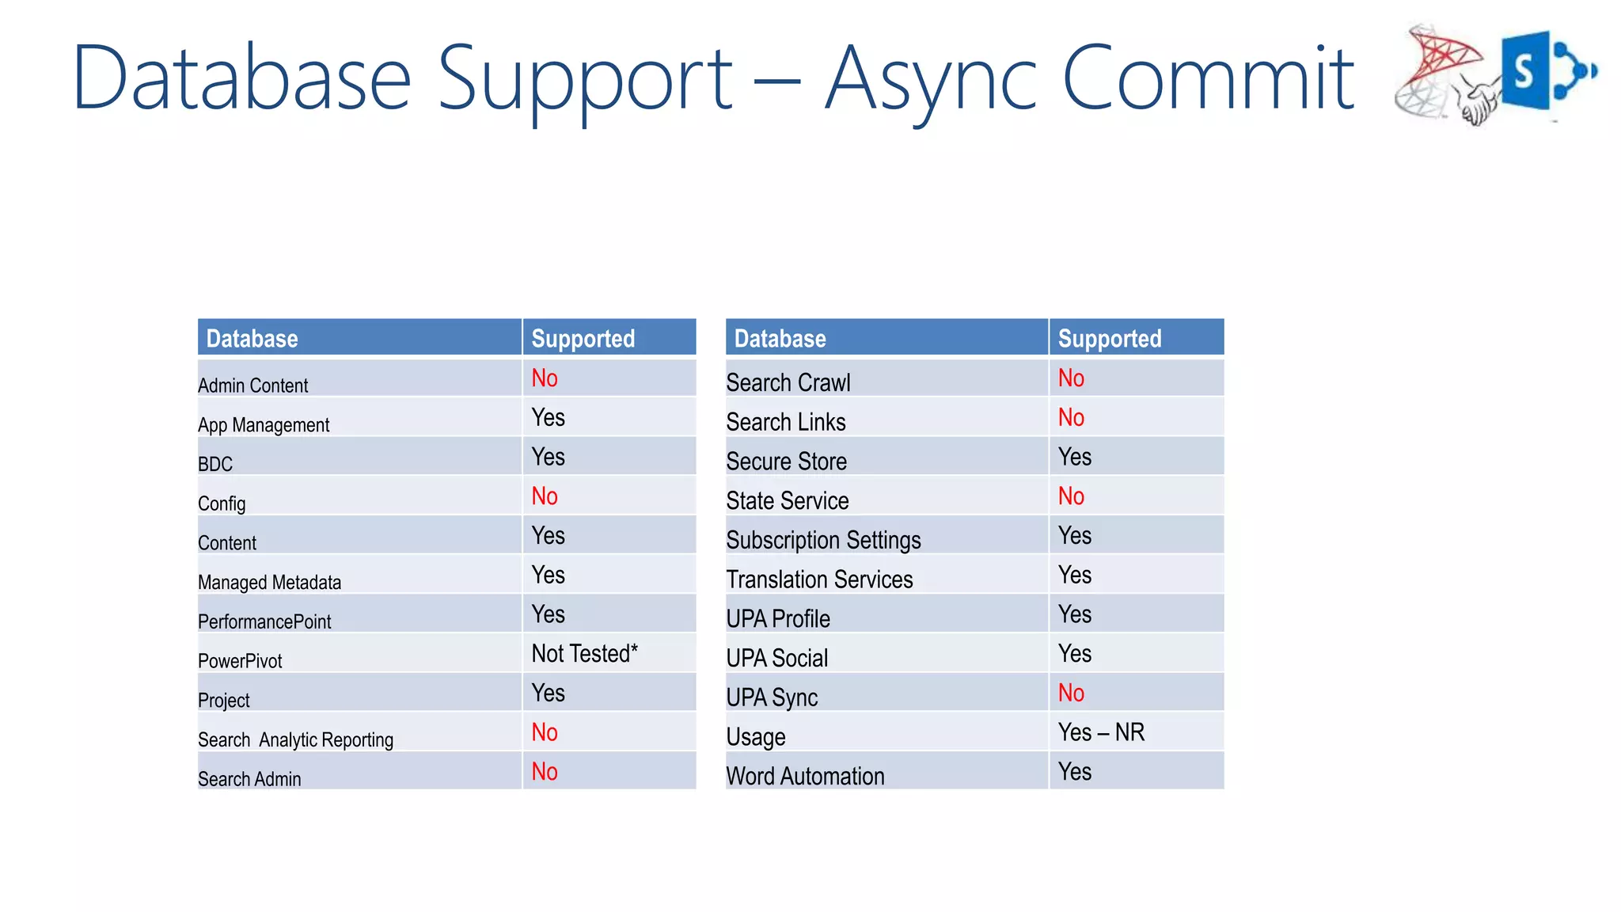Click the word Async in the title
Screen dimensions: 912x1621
click(x=930, y=79)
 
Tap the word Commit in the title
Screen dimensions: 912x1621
click(x=1208, y=78)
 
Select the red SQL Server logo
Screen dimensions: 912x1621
click(x=1437, y=71)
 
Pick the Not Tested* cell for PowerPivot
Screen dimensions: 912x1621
click(x=584, y=654)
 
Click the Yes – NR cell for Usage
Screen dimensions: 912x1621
click(x=1101, y=732)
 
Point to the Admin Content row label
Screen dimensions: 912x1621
click(x=252, y=386)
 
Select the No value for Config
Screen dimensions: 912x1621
click(x=545, y=496)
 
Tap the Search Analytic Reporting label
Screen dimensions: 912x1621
click(x=295, y=740)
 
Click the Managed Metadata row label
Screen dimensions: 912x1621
click(x=269, y=583)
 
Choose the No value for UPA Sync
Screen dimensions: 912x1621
click(x=1071, y=693)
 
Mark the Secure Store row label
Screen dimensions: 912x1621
click(x=786, y=462)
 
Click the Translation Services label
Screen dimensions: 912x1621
click(x=819, y=579)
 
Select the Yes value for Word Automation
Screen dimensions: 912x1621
click(x=1074, y=772)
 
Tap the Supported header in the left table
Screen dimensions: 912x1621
click(x=583, y=339)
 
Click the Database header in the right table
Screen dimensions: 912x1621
click(x=780, y=339)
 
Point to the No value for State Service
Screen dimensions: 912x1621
click(x=1071, y=496)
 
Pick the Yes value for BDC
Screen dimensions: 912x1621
click(x=548, y=457)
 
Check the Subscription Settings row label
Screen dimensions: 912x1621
click(x=823, y=540)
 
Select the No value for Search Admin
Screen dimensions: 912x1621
click(x=545, y=772)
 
